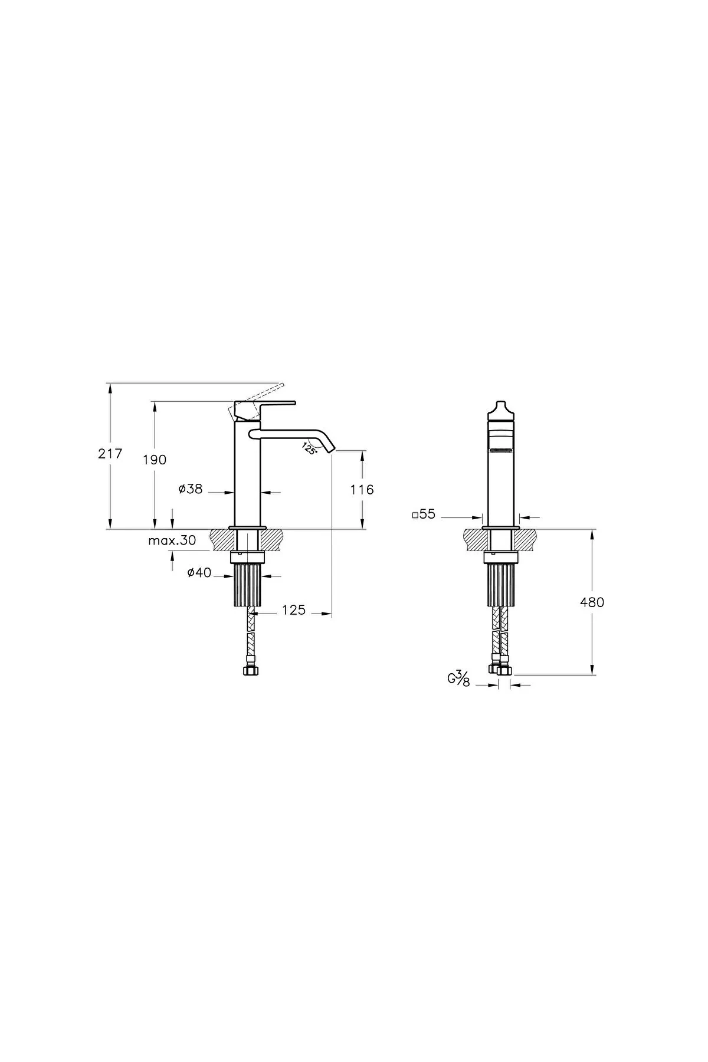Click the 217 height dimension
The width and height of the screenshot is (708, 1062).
[110, 454]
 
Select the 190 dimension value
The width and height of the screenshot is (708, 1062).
[155, 460]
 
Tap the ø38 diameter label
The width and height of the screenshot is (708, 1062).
[191, 489]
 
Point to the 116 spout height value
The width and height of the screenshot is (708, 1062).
[362, 489]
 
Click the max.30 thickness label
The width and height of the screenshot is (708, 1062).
[172, 540]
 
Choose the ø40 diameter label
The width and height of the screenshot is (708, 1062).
[199, 573]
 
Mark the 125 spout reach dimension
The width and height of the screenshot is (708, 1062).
[294, 610]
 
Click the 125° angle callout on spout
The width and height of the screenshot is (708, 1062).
[310, 448]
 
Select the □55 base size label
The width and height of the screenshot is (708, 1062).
[424, 514]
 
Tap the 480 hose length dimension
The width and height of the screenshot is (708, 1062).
[592, 602]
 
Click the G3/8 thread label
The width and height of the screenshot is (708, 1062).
[458, 680]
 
